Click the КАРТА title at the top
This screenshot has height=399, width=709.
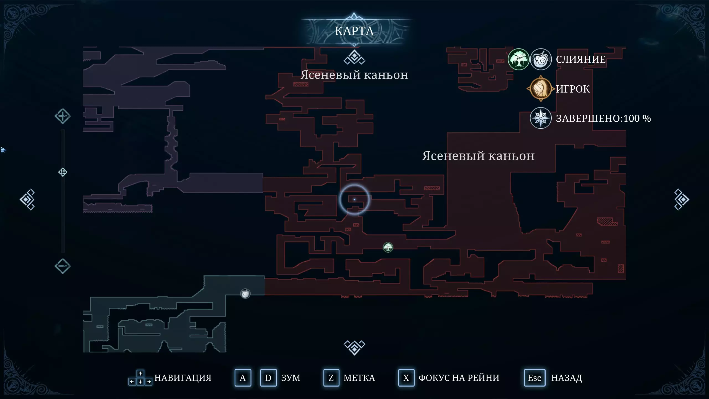pyautogui.click(x=354, y=31)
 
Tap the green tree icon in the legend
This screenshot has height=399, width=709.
pyautogui.click(x=518, y=59)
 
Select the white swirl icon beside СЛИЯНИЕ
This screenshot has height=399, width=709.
pyautogui.click(x=541, y=59)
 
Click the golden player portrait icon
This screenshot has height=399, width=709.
pyautogui.click(x=541, y=89)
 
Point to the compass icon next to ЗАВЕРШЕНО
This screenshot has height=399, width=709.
pyautogui.click(x=541, y=118)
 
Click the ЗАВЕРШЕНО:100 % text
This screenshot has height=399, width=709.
pyautogui.click(x=603, y=119)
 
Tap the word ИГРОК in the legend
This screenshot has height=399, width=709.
pyautogui.click(x=573, y=89)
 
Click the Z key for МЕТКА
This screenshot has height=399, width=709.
pyautogui.click(x=331, y=378)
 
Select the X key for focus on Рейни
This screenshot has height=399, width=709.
pyautogui.click(x=406, y=378)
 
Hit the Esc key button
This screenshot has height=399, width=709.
pyautogui.click(x=534, y=378)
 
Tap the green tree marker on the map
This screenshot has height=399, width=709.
pyautogui.click(x=388, y=247)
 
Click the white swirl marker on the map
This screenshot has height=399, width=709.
pyautogui.click(x=245, y=293)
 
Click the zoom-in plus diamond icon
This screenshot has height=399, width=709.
pyautogui.click(x=63, y=116)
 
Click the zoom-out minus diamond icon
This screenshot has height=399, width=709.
pyautogui.click(x=63, y=266)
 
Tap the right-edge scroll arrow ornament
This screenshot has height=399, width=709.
pyautogui.click(x=681, y=199)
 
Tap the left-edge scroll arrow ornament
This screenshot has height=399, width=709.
pyautogui.click(x=27, y=199)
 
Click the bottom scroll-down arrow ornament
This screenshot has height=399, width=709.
pyautogui.click(x=354, y=347)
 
